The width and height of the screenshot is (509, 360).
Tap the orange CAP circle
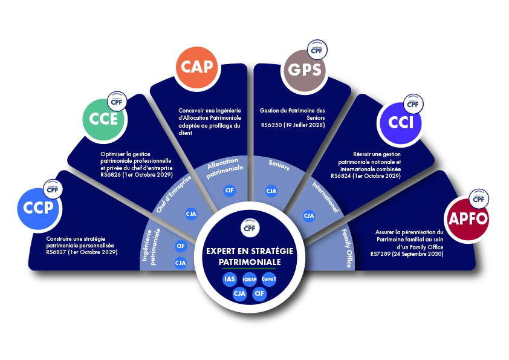pos(198,67)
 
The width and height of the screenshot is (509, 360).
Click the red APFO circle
pos(466,218)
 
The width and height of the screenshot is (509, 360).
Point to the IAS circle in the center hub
pos(229,279)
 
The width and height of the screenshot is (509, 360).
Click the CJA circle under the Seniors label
pos(272,191)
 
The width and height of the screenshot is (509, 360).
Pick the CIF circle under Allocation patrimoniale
pos(229,191)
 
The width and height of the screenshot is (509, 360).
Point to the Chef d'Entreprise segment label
pos(175,194)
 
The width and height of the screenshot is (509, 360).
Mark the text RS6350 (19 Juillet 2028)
pos(293,125)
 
